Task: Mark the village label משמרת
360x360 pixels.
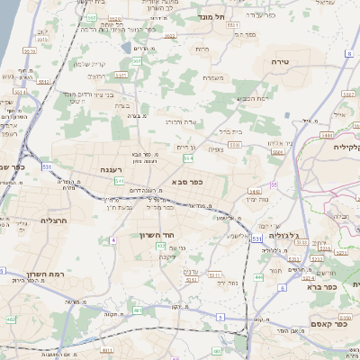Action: tap(213, 78)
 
